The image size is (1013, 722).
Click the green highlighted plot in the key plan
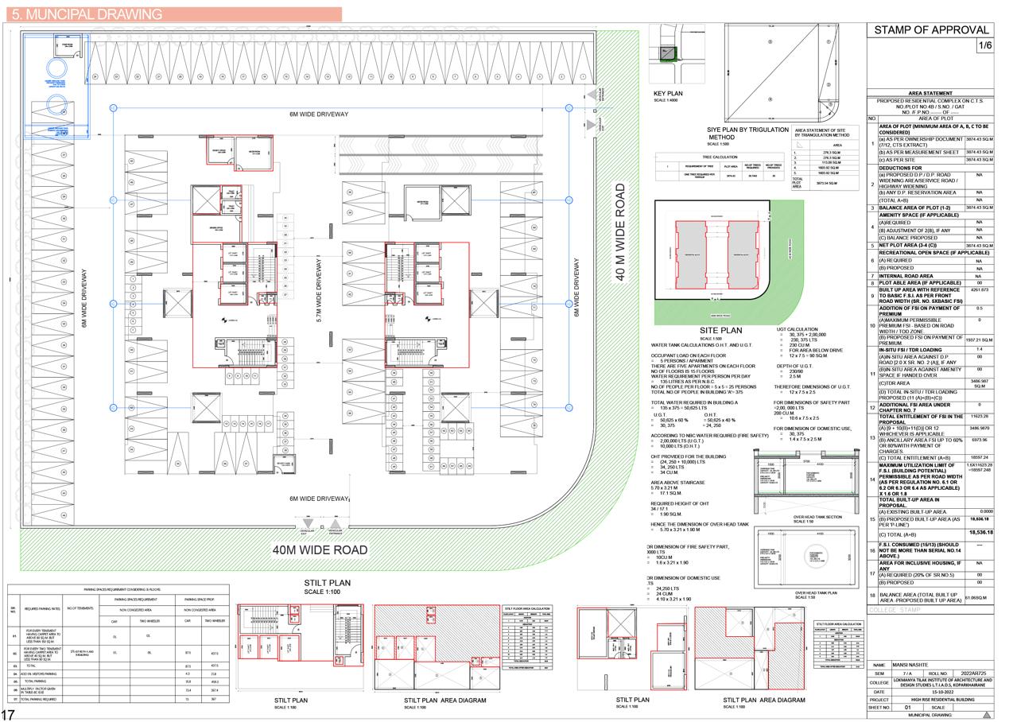point(669,52)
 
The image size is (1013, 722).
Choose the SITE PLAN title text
point(720,330)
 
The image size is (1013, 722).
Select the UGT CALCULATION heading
point(797,328)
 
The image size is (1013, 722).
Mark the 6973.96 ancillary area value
point(979,439)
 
